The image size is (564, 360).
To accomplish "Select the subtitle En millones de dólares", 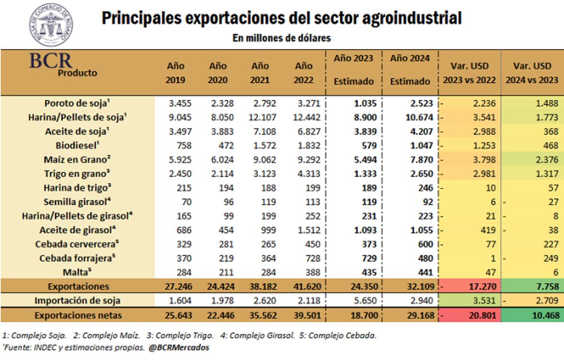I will click(x=281, y=38).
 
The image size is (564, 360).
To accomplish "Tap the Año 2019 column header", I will click(x=175, y=73).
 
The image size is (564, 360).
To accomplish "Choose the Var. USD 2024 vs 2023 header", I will click(x=532, y=73).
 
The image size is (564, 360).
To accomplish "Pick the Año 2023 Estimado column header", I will click(x=354, y=70).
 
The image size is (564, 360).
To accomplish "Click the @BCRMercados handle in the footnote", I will click(x=179, y=348).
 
